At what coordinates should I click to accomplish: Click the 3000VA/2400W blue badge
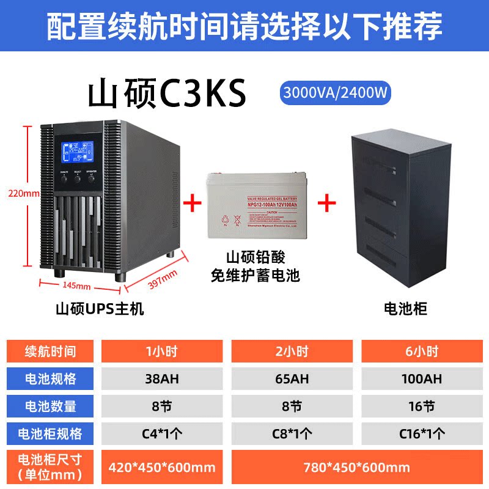point(335,93)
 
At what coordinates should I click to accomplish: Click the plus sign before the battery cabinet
point(328,202)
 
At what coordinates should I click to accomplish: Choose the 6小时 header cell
point(422,351)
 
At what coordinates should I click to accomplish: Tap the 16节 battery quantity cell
point(422,406)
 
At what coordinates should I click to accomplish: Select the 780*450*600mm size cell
point(358,468)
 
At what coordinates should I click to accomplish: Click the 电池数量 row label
point(50,406)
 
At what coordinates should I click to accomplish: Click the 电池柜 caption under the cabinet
point(405,309)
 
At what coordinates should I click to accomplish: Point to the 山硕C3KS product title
point(167,94)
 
